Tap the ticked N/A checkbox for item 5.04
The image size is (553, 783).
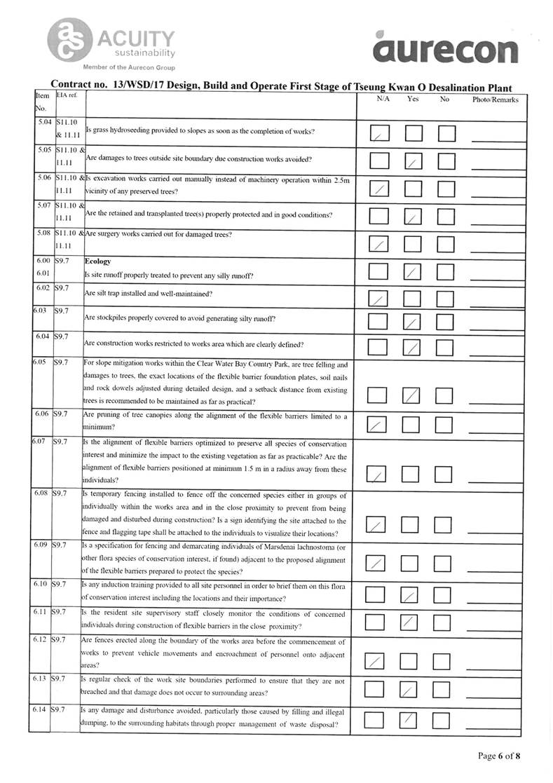pos(379,133)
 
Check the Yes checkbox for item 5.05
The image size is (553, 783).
pos(414,161)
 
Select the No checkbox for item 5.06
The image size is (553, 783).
pos(446,187)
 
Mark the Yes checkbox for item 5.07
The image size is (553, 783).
pos(414,215)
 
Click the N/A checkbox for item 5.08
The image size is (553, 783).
pos(379,243)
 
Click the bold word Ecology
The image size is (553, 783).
pos(97,261)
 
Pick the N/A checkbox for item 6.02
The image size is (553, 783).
pos(379,297)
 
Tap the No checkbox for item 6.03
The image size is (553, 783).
pos(446,322)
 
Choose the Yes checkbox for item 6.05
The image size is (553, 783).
pos(414,395)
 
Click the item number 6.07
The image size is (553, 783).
pos(41,443)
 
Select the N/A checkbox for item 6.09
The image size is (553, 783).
pos(378,563)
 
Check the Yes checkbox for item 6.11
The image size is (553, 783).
pos(414,622)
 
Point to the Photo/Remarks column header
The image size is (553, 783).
pos(495,100)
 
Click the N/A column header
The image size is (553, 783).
pos(383,100)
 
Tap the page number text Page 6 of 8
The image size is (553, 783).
pos(500,756)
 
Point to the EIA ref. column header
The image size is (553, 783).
pos(68,95)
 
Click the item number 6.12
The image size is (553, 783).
pos(42,641)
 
